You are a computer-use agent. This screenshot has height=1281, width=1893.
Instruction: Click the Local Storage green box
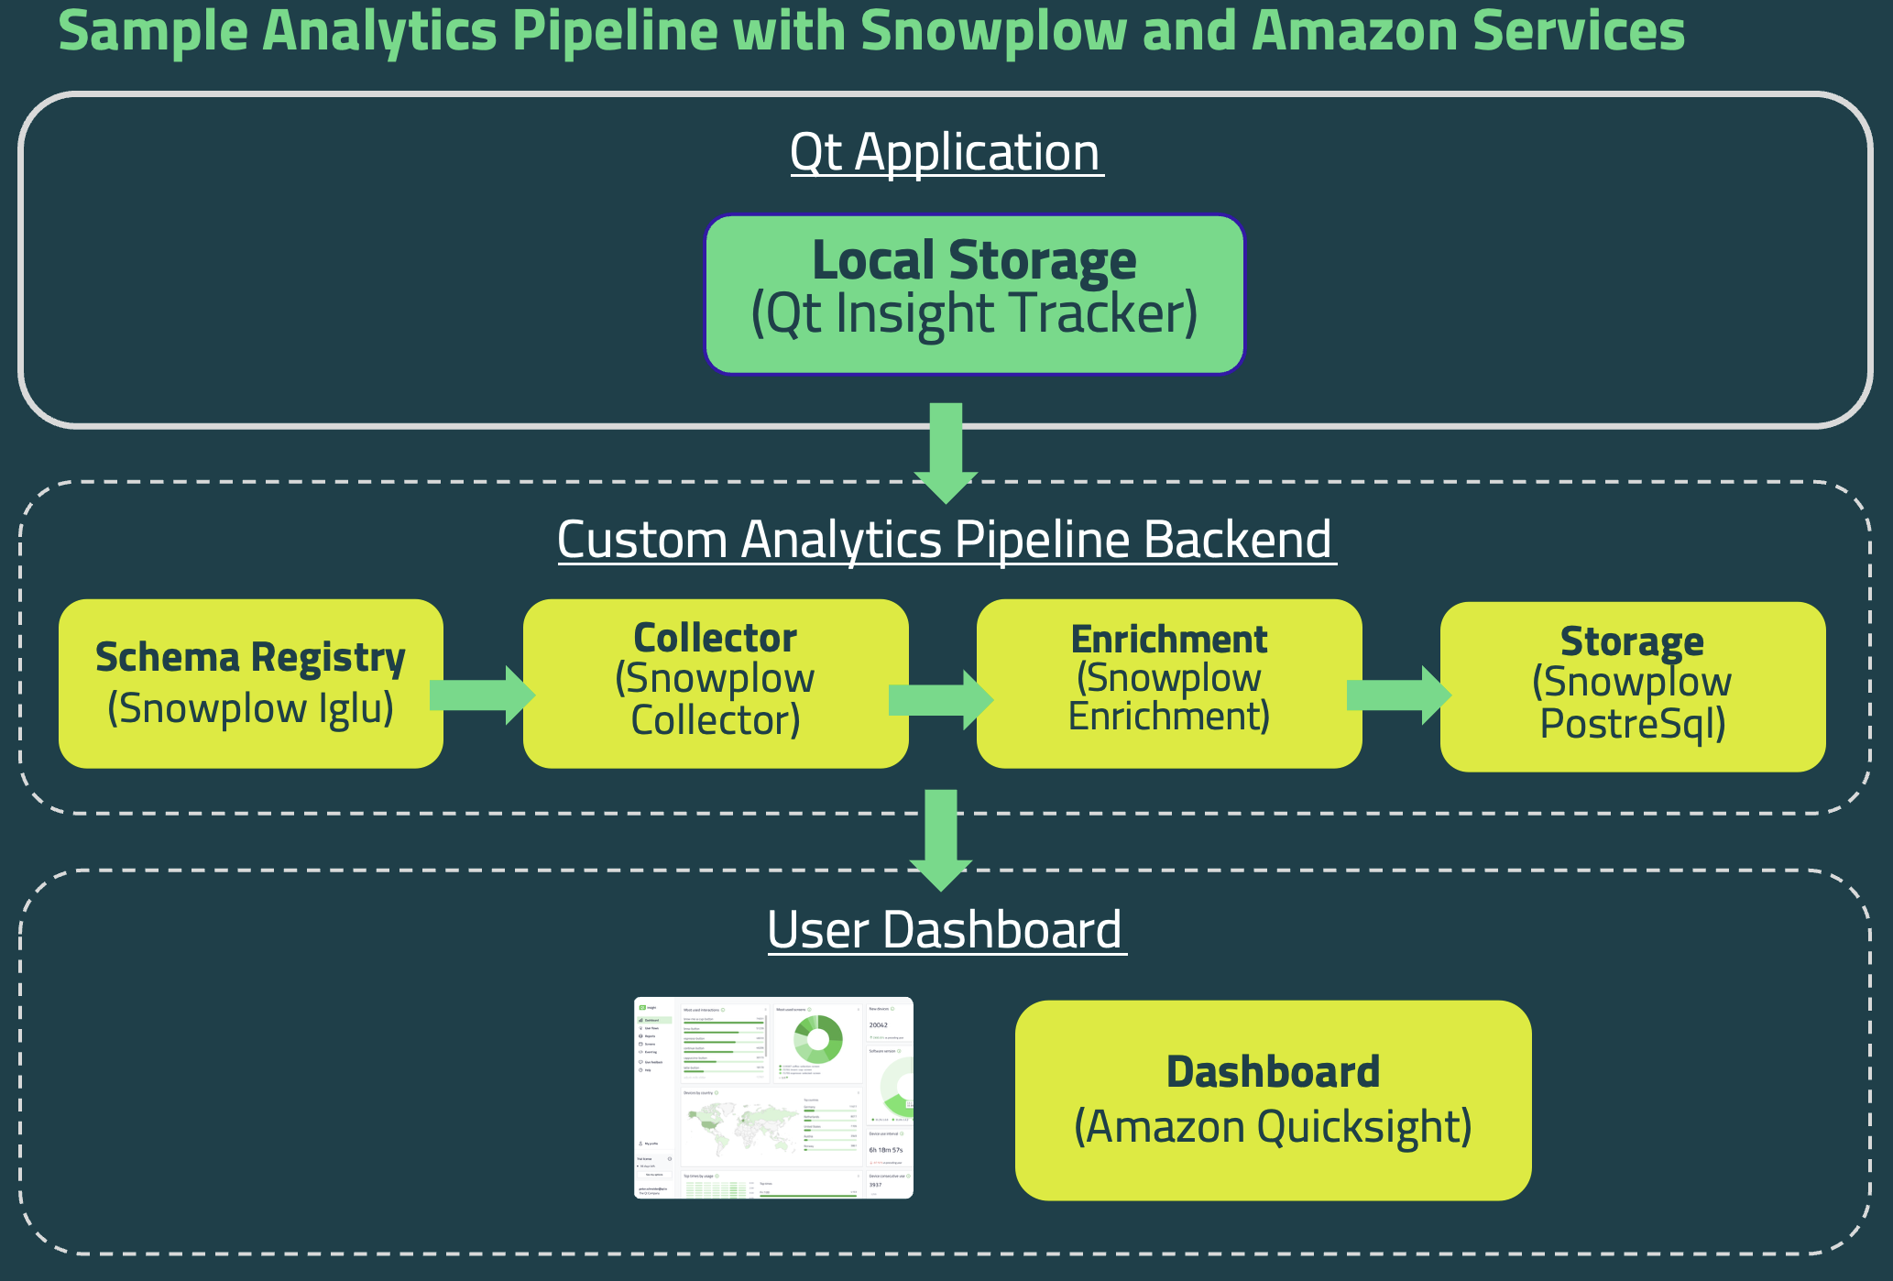[x=974, y=293]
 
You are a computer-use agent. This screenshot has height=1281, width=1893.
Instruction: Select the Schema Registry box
[x=250, y=684]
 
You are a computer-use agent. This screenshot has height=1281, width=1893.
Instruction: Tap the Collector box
[x=715, y=684]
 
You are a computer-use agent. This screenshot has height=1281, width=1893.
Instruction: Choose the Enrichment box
[x=1168, y=684]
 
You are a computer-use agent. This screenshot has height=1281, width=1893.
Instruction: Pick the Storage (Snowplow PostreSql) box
[x=1632, y=686]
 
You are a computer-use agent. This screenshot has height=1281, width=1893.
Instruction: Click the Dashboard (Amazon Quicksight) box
[x=1273, y=1100]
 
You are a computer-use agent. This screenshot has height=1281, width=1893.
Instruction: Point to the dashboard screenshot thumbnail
[x=773, y=1098]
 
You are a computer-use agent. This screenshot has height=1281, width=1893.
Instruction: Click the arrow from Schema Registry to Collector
[x=482, y=695]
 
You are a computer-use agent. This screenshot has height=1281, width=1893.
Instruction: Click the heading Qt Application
[x=946, y=152]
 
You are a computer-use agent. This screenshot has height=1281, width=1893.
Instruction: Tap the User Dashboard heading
[x=946, y=930]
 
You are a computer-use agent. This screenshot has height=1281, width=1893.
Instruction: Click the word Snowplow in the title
[x=993, y=30]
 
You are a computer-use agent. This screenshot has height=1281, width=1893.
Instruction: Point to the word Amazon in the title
[x=1354, y=30]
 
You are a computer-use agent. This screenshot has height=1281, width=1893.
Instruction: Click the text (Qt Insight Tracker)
[x=974, y=314]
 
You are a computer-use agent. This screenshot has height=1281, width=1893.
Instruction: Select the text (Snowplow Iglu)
[x=250, y=708]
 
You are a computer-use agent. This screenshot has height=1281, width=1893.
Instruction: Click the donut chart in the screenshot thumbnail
[x=817, y=1038]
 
